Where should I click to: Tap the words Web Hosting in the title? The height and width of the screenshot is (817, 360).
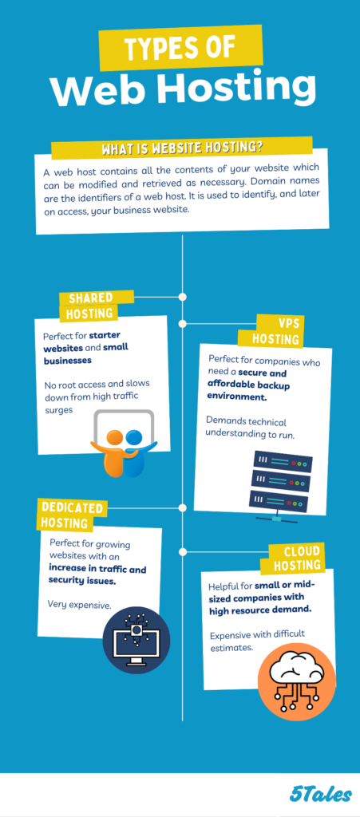(x=184, y=89)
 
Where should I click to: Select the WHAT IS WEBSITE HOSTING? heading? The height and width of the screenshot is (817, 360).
(x=182, y=148)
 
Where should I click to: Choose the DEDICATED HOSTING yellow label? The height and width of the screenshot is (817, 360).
(x=72, y=515)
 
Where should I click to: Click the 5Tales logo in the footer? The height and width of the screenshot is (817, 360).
(x=320, y=795)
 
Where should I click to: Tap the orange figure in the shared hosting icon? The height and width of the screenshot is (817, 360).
(x=113, y=452)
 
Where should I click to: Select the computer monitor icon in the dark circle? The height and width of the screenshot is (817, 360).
(x=136, y=641)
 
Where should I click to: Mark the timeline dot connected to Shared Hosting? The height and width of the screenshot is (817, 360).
(x=182, y=297)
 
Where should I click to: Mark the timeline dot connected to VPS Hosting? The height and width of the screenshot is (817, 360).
(x=182, y=324)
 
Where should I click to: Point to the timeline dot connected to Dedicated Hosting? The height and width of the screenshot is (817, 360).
(x=182, y=507)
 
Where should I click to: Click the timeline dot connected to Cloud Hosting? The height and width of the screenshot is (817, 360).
(x=182, y=551)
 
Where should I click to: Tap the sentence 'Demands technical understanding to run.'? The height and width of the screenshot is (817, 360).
(x=251, y=428)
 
